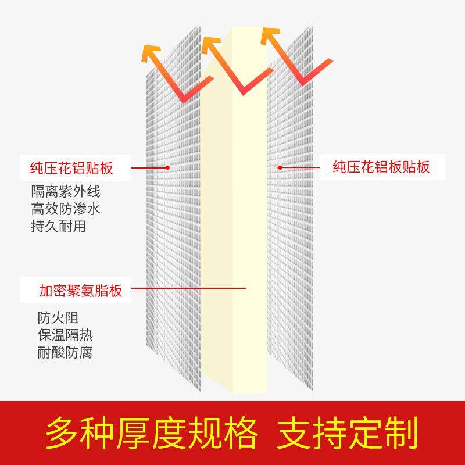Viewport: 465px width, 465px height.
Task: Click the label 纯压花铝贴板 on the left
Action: (x=71, y=169)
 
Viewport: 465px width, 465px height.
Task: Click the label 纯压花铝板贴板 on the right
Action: (x=381, y=167)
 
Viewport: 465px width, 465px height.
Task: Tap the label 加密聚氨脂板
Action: (x=81, y=290)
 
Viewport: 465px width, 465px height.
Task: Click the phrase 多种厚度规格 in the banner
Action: (x=152, y=432)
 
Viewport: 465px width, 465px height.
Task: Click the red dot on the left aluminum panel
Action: (x=167, y=167)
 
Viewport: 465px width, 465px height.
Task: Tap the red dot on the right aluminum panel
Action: (x=280, y=167)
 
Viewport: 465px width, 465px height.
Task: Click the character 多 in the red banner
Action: (x=63, y=432)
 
